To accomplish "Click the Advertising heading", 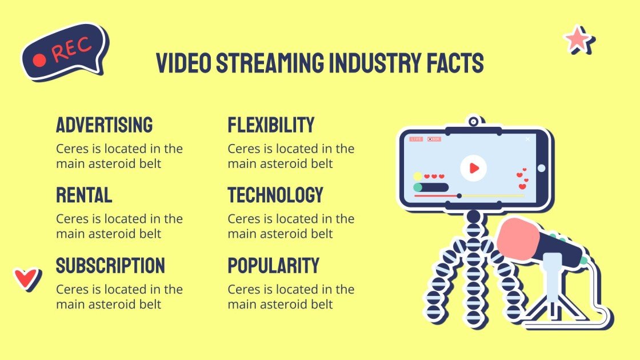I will pos(105,125).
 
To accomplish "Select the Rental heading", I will pos(84,195).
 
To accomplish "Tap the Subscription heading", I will pos(110,265).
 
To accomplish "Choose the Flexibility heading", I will pos(271,125).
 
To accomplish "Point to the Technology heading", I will pos(275,195).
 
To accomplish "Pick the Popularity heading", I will pos(273,265).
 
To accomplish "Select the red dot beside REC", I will pos(39,60).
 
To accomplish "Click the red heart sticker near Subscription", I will pos(25,278).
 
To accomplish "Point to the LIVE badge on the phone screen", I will pos(417,139).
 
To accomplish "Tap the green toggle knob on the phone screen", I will pos(418,187).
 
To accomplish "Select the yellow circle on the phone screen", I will pos(418,177).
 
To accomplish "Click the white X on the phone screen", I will pos(527,139).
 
